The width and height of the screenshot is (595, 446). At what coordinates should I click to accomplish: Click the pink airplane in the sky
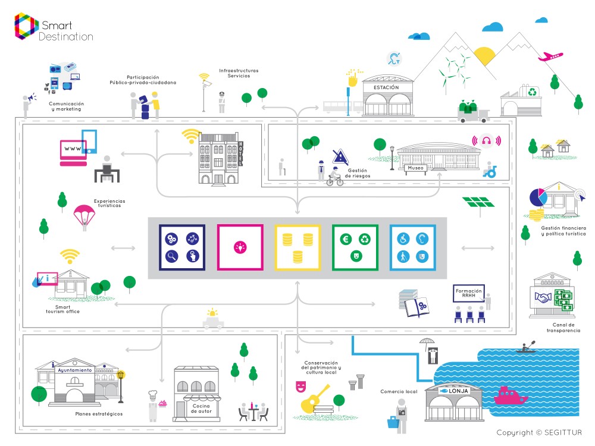(x=550, y=57)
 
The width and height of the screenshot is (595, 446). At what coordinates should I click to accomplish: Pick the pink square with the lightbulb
(x=240, y=247)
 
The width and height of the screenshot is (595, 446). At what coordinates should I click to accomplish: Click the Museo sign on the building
(x=416, y=168)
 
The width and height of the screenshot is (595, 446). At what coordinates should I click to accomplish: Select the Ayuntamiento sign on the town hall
(x=74, y=370)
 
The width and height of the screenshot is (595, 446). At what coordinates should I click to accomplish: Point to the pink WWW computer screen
(x=73, y=148)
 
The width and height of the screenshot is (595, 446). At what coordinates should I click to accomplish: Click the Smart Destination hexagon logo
(x=26, y=27)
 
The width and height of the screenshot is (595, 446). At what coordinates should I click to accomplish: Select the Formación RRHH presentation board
(x=469, y=293)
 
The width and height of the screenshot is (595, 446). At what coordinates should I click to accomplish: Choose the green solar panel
(x=479, y=203)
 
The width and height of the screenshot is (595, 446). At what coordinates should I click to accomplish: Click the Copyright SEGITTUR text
(x=538, y=432)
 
